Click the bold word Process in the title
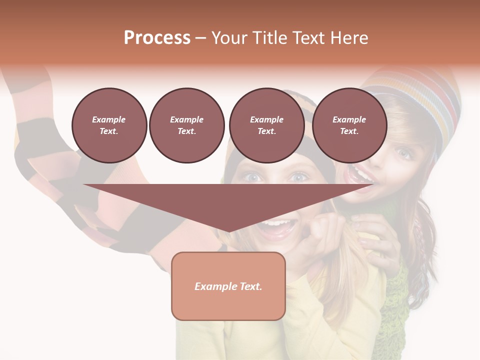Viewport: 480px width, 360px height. (157, 37)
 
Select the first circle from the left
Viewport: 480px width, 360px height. (109, 125)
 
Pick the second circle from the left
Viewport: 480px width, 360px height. (186, 125)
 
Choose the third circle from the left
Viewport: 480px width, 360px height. (266, 125)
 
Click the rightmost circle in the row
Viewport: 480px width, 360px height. (349, 125)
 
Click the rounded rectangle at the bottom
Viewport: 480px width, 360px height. (228, 300)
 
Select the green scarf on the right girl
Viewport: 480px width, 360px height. (395, 300)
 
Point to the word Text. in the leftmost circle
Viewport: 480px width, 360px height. (109, 131)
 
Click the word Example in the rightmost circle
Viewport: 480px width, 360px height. (349, 119)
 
